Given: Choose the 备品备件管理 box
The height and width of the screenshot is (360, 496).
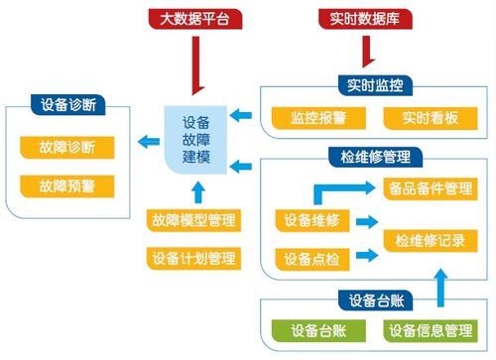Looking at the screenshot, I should pos(434,186).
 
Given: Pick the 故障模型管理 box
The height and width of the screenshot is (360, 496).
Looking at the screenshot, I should pos(192,221).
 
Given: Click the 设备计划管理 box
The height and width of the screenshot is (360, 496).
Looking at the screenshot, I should pos(192,259).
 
